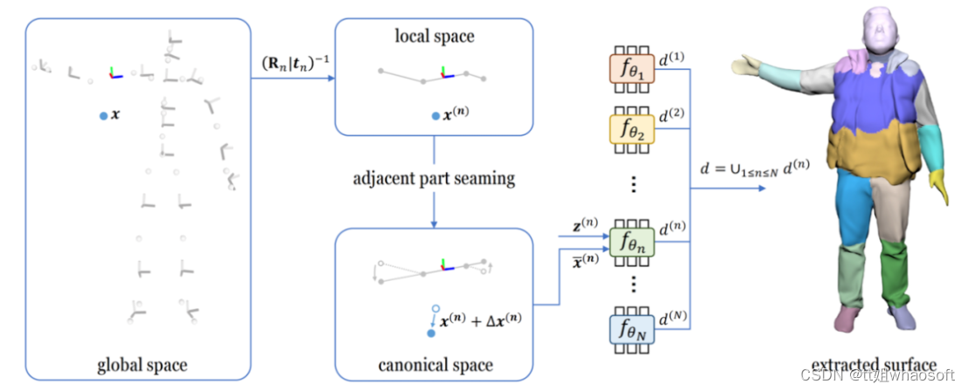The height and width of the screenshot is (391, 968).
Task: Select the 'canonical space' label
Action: pyautogui.click(x=434, y=363)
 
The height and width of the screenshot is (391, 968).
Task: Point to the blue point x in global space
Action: pyautogui.click(x=105, y=114)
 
